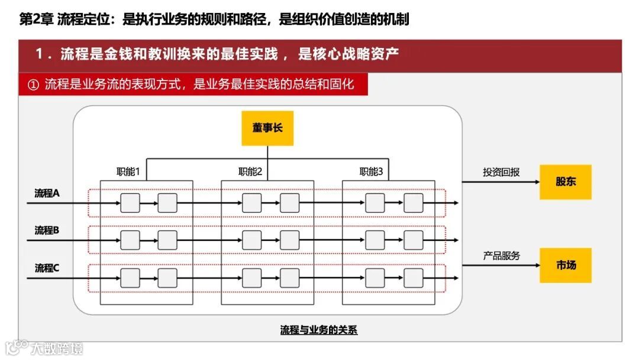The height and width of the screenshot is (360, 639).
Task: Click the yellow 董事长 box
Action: click(267, 128)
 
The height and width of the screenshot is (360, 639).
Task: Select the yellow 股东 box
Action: click(565, 182)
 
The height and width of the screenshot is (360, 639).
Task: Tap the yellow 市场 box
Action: click(565, 265)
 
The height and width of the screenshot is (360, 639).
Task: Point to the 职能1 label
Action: click(128, 172)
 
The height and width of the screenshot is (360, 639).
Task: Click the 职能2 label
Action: click(250, 172)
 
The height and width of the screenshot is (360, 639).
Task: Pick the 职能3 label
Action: click(372, 172)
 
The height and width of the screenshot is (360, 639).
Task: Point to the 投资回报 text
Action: click(501, 172)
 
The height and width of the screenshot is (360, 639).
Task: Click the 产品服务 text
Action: click(501, 256)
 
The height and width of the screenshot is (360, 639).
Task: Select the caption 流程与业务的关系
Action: click(319, 330)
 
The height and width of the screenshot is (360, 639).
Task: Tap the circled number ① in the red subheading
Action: click(33, 85)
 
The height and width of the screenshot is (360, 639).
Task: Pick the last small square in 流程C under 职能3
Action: click(414, 278)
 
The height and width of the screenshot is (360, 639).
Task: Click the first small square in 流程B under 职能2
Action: click(251, 240)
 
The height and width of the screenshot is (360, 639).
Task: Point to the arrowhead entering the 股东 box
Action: click(536, 182)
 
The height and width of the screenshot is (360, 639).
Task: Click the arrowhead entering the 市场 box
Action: click(536, 265)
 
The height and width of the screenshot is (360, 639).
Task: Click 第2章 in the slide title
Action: click(37, 20)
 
